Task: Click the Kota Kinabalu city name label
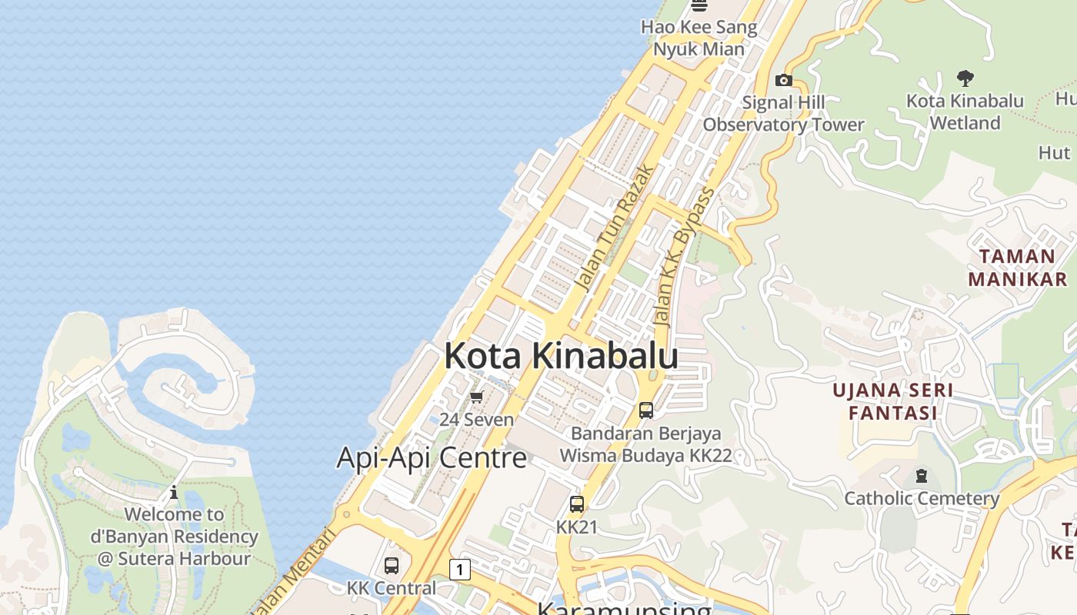coord(561,356)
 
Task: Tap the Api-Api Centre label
coord(432,458)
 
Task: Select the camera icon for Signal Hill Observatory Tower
coord(783,80)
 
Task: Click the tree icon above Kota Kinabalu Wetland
coord(965,78)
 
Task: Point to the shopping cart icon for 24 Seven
coord(476,397)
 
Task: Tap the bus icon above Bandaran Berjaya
coord(646,411)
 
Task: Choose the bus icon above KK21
coord(576,504)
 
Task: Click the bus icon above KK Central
coord(391,566)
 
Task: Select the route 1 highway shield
coord(459,570)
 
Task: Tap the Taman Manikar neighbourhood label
coord(1017,267)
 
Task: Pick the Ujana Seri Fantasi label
coord(892,401)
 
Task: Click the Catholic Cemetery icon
coord(922,476)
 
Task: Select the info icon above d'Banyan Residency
coord(174,492)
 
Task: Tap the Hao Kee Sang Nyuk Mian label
coord(699,38)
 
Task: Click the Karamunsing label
coord(623,609)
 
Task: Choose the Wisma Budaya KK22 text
coord(645,455)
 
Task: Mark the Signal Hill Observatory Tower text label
coord(783,113)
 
